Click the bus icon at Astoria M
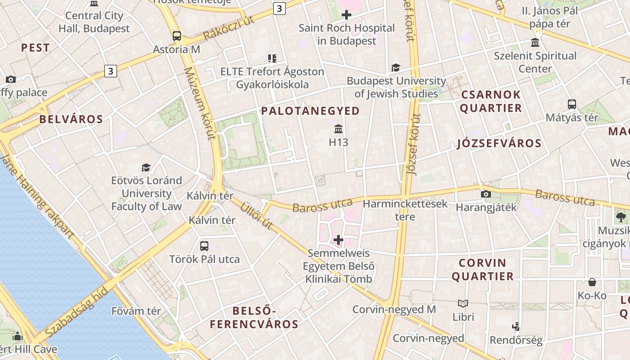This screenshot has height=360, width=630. click(177, 36)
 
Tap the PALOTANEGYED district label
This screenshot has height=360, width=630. click(310, 111)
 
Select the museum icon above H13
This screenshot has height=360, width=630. click(338, 130)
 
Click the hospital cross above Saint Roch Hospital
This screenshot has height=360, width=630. click(346, 15)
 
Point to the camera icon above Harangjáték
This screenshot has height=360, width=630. click(486, 194)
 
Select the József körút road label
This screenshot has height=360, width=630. click(413, 144)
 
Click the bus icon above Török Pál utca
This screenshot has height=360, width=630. click(204, 246)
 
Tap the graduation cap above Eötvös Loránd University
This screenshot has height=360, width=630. click(146, 168)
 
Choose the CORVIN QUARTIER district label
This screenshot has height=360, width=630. click(482, 269)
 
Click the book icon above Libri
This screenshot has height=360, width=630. click(463, 304)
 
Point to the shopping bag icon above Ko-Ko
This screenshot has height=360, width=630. click(592, 282)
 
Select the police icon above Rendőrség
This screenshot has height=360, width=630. click(516, 326)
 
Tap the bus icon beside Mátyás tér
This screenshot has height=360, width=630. click(572, 104)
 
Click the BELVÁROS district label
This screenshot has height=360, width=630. click(71, 119)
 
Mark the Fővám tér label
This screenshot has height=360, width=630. click(136, 310)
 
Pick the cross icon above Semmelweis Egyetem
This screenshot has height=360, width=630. click(338, 240)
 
